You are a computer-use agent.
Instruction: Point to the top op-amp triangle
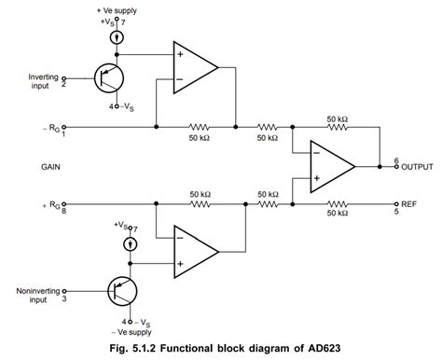(x=195, y=67)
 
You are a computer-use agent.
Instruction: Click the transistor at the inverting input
(x=108, y=80)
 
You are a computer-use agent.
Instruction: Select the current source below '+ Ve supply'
(x=113, y=38)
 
